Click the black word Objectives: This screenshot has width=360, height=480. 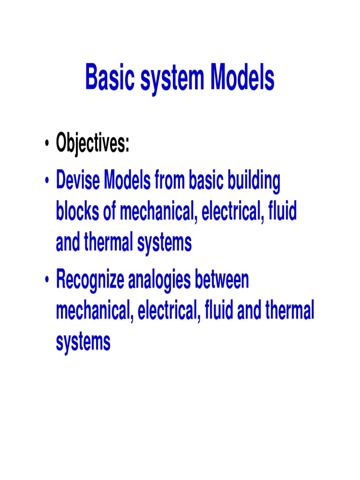tap(92, 143)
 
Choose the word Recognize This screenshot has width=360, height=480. tap(90, 281)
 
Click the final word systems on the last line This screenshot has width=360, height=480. tap(83, 342)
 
